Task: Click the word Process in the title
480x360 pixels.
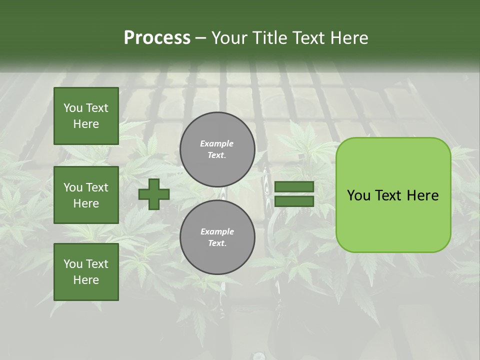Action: click(157, 38)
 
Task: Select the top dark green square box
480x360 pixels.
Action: click(86, 116)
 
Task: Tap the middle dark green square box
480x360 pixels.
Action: click(86, 195)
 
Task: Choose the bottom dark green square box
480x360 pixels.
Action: click(86, 272)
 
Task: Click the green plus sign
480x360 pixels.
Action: click(154, 194)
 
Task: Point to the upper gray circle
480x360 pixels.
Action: click(217, 149)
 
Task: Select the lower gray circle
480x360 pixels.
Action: click(217, 237)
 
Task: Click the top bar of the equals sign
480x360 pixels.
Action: click(294, 187)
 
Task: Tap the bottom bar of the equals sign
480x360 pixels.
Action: click(294, 201)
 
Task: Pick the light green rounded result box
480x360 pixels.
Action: click(393, 195)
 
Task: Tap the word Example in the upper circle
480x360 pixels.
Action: click(217, 143)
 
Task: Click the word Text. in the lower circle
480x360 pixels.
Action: click(217, 243)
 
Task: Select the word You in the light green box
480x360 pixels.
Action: click(358, 195)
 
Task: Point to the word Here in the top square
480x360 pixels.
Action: click(86, 124)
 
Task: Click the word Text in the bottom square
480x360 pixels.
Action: click(97, 264)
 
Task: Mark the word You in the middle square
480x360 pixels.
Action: click(73, 187)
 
